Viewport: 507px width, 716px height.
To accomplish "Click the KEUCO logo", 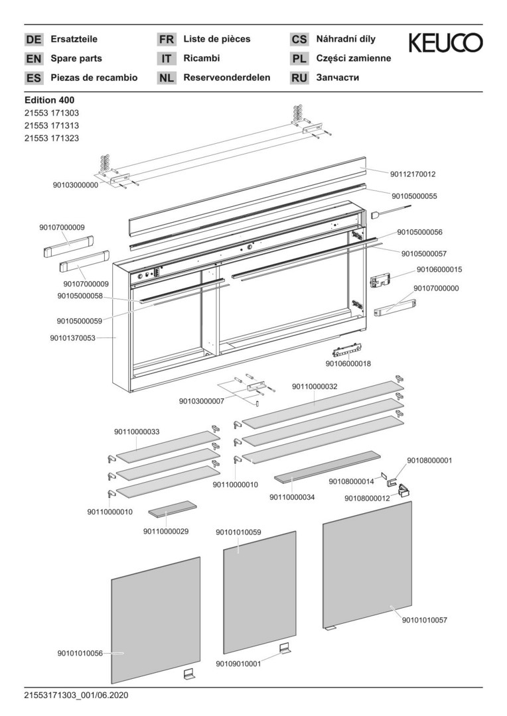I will [x=445, y=43].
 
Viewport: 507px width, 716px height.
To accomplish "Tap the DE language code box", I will [x=33, y=40].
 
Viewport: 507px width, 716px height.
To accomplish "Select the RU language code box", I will [x=299, y=78].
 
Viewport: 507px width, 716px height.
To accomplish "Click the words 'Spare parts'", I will [x=76, y=58].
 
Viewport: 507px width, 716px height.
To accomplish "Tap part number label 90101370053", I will [x=72, y=338].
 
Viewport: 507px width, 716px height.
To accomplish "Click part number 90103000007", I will [x=201, y=401].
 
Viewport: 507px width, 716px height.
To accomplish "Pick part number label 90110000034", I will [x=292, y=497].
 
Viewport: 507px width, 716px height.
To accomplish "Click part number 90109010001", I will [x=238, y=662].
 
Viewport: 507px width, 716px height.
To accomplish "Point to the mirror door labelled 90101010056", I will [x=156, y=620].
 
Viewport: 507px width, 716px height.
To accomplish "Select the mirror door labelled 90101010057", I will [x=367, y=567].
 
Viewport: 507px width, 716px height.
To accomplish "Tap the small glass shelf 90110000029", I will [x=172, y=508].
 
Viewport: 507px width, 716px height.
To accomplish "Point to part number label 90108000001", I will [x=429, y=460].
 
